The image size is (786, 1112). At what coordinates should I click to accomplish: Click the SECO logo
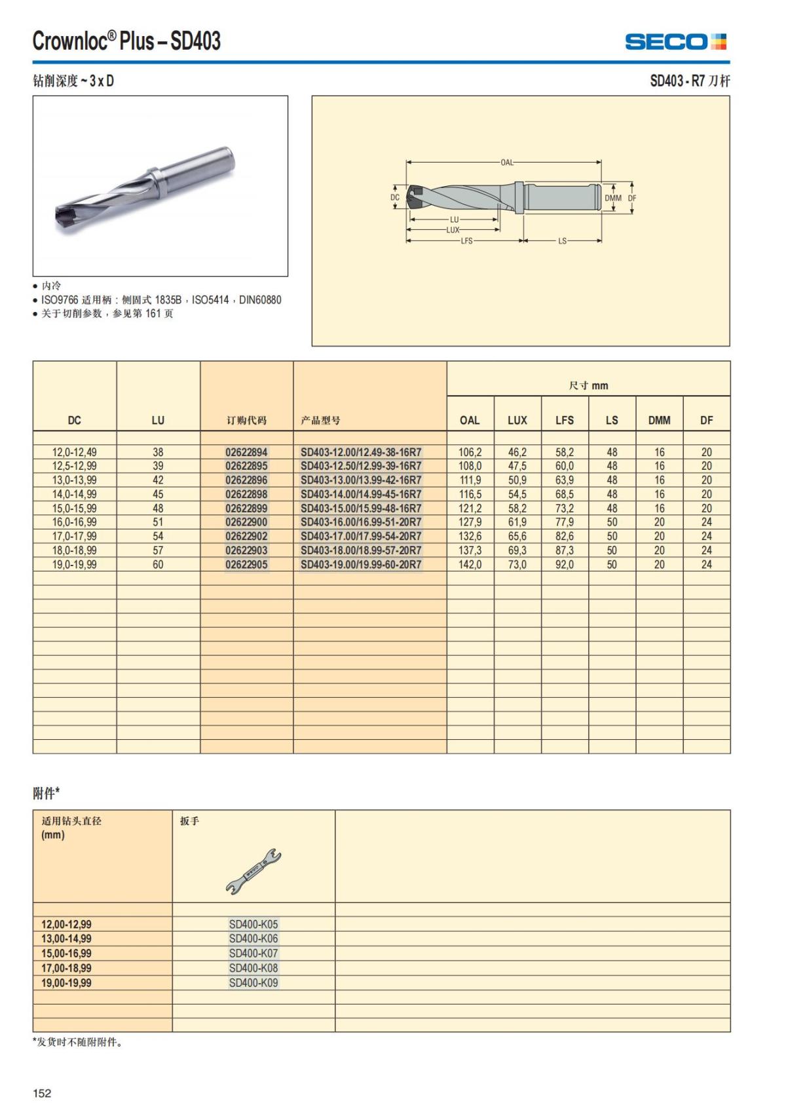[675, 42]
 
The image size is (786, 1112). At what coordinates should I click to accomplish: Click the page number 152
[42, 1093]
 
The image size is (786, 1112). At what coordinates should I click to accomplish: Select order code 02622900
[246, 522]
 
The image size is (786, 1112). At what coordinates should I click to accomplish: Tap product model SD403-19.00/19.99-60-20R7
[361, 564]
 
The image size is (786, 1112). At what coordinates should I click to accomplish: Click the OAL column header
[470, 420]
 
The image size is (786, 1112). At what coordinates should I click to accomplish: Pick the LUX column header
[517, 420]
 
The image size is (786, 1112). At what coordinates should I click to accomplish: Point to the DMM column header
[659, 420]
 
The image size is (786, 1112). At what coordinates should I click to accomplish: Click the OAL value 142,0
[470, 564]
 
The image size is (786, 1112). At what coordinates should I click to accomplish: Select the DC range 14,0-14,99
[74, 494]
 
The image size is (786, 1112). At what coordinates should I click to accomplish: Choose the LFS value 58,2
[565, 452]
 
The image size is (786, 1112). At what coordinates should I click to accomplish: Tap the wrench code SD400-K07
[253, 953]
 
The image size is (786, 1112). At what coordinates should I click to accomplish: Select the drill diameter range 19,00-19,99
[66, 983]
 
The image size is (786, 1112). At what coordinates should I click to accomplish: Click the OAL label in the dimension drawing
[507, 163]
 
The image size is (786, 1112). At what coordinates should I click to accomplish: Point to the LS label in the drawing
[562, 241]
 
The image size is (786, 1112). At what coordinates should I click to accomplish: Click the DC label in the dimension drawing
[394, 197]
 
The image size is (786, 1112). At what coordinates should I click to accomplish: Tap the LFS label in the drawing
[466, 241]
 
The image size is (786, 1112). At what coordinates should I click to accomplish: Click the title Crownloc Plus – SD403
[126, 41]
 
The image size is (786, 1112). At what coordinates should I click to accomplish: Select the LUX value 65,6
[517, 536]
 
